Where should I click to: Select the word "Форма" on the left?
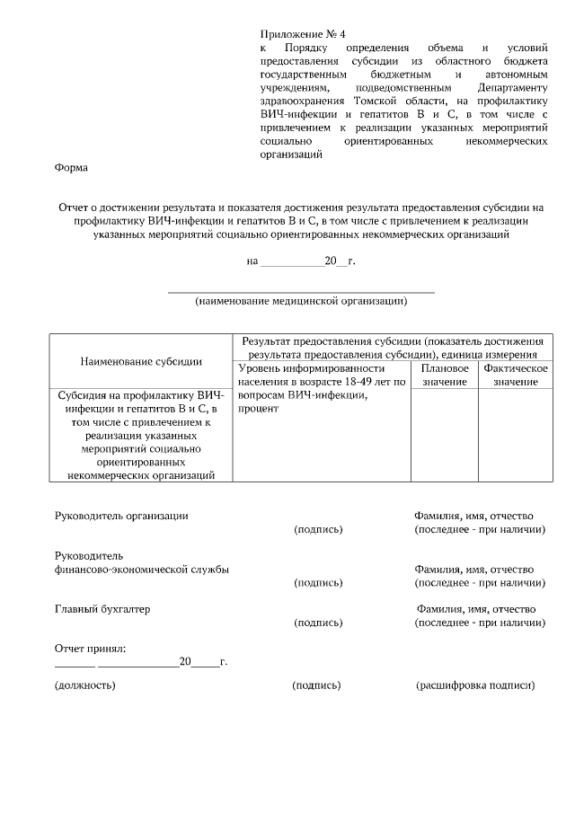tap(71, 168)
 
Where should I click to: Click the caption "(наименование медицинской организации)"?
tap(301, 301)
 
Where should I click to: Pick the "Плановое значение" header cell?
tap(445, 375)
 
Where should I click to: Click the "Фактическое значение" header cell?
tap(515, 375)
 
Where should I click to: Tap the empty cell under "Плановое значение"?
tap(445, 436)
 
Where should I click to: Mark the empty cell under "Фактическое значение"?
tap(515, 436)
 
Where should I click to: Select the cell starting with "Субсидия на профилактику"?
tap(141, 436)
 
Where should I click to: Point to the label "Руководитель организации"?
tap(121, 516)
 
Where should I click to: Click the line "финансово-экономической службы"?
tap(141, 570)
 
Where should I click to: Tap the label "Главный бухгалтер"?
tap(102, 609)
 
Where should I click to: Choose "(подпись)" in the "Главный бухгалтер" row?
tap(319, 623)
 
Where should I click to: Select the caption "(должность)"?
tap(85, 685)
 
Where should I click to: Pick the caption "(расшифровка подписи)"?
tap(475, 685)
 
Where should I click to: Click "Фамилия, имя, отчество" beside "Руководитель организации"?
tap(473, 516)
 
